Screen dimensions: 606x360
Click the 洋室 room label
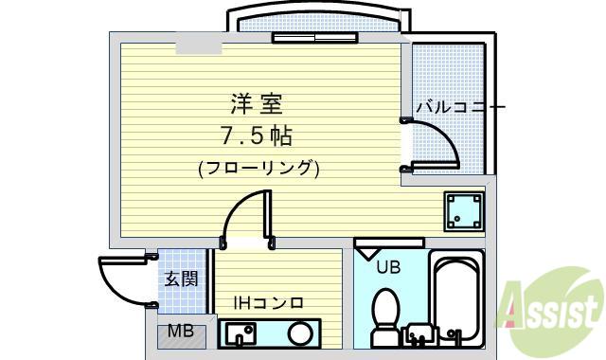click(x=257, y=104)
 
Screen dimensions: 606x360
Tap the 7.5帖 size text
click(x=257, y=135)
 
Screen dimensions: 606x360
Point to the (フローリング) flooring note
click(x=258, y=169)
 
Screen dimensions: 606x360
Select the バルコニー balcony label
click(x=460, y=106)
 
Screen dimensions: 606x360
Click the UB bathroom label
click(x=388, y=267)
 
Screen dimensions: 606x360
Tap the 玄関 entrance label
click(x=181, y=279)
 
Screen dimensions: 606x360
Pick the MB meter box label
click(x=181, y=331)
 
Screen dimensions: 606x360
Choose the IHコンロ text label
click(x=269, y=303)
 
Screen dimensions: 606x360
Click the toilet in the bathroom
click(x=385, y=317)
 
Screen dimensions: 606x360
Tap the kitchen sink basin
click(x=240, y=333)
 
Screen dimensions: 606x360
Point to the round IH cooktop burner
click(x=300, y=333)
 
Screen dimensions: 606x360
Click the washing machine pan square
click(x=464, y=211)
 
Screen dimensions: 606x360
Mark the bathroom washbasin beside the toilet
click(x=419, y=334)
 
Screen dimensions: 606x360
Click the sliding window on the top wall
click(x=315, y=38)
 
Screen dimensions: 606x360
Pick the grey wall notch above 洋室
click(x=199, y=48)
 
